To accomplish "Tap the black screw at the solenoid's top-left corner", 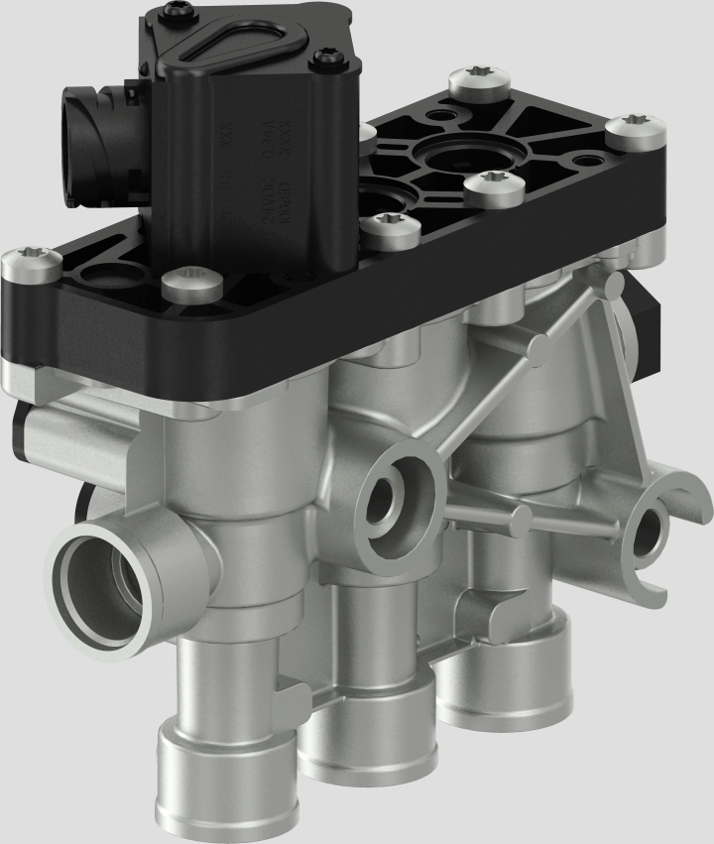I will point(178,11).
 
